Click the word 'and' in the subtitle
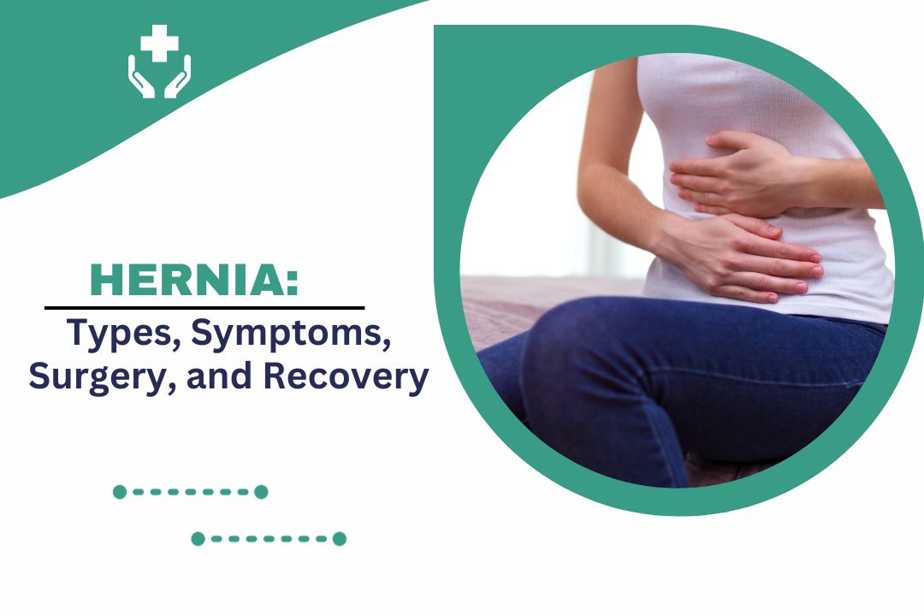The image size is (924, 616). [x=220, y=376]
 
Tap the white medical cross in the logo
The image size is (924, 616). [x=159, y=43]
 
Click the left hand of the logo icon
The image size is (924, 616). [x=140, y=77]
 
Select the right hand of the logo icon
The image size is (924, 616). [x=178, y=77]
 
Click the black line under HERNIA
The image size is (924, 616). [x=204, y=308]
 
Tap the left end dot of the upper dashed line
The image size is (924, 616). [x=120, y=492]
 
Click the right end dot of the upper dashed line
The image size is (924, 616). [x=261, y=492]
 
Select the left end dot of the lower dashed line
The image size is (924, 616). [x=198, y=539]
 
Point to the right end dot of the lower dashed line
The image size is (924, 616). [x=340, y=539]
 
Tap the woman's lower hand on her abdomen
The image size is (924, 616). [x=743, y=257]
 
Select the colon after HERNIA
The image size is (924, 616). [x=293, y=281]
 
